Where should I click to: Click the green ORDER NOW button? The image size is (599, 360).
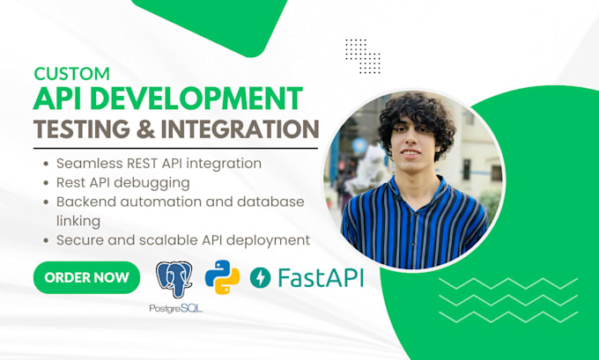(x=86, y=277)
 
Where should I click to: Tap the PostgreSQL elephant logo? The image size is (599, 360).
(x=174, y=279)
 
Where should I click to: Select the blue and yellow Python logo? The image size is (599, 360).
(x=222, y=277)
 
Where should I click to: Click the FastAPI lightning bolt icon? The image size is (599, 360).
(x=260, y=277)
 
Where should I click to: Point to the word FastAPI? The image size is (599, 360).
(x=321, y=277)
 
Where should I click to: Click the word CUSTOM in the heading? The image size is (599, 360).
(x=72, y=74)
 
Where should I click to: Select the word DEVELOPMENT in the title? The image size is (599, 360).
(x=196, y=98)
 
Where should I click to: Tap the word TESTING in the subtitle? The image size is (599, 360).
(x=82, y=129)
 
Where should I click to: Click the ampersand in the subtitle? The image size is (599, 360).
(x=146, y=129)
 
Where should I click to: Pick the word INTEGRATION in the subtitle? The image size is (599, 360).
(x=240, y=129)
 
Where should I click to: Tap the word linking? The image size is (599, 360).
(x=78, y=222)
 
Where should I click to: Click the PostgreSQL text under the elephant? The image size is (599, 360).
(x=175, y=308)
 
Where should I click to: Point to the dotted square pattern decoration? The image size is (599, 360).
(x=363, y=55)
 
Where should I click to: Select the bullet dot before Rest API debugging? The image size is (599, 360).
(x=46, y=183)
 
